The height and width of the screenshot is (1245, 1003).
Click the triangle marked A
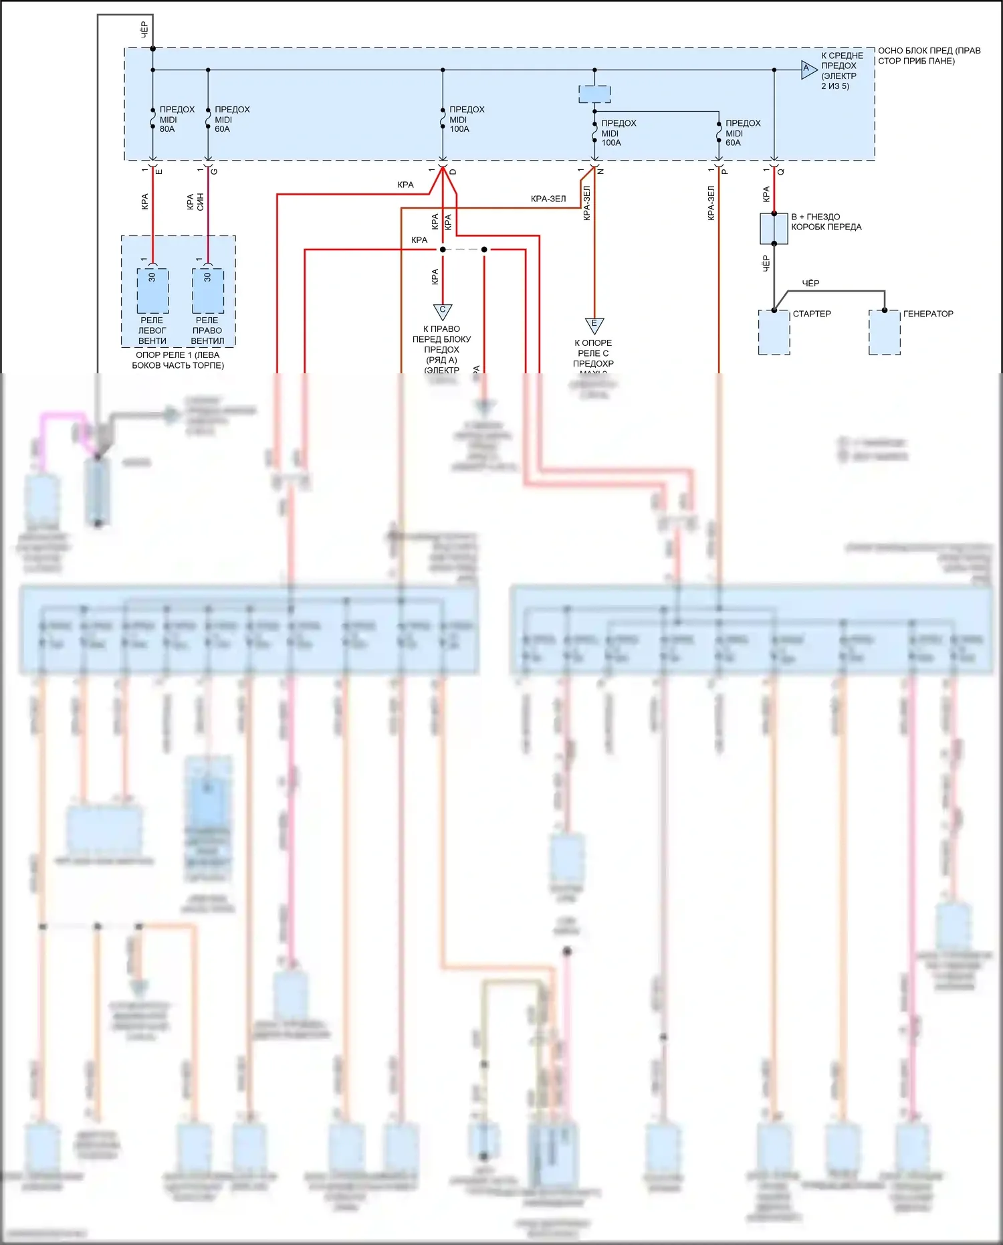(808, 70)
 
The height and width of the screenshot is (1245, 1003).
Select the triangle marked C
(443, 311)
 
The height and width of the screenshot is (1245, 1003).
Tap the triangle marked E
(594, 325)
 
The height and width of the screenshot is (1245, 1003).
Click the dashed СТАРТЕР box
(774, 332)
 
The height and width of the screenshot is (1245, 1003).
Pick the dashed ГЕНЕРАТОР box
(884, 332)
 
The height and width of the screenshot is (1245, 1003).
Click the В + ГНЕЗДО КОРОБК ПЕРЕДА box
(774, 229)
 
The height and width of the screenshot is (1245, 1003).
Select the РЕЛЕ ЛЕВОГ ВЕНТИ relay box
(152, 291)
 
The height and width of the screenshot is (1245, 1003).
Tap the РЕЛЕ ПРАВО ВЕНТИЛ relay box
(208, 291)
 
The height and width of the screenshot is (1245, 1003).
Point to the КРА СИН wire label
(195, 202)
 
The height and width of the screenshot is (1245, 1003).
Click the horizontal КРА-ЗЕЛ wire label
(548, 199)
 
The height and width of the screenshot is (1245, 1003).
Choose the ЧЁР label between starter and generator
(810, 284)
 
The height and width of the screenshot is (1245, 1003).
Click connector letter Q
(781, 172)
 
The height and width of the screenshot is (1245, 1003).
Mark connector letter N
(601, 172)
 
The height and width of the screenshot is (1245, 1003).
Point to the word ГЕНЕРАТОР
(928, 314)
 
